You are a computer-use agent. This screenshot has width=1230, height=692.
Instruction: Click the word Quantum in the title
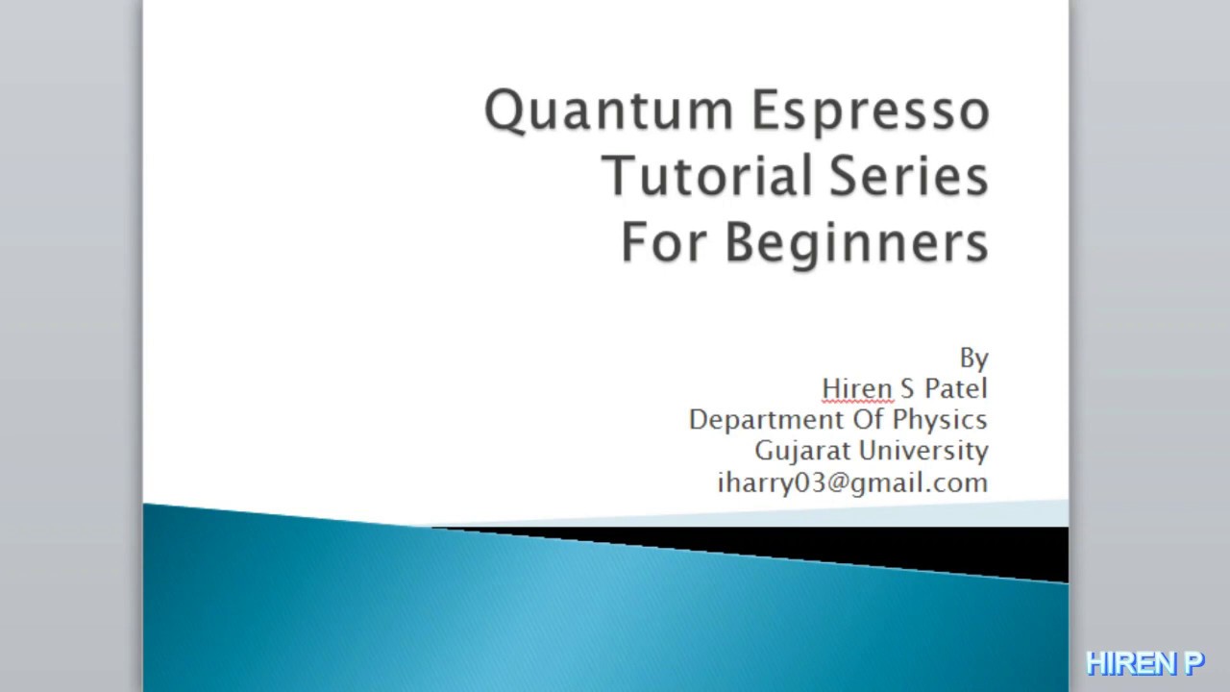point(610,111)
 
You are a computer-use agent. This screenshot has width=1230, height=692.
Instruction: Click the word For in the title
point(665,241)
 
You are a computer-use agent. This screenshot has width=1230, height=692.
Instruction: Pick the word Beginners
point(856,243)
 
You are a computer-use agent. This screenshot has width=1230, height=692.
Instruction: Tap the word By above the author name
point(973,358)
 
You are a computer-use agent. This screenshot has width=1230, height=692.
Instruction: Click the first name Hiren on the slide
point(857,388)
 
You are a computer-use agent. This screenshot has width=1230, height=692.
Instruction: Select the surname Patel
point(955,388)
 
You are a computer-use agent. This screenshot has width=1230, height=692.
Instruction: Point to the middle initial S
point(906,388)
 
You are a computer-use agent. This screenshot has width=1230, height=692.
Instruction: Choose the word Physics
point(940,421)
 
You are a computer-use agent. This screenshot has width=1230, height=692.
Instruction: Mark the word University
point(923,451)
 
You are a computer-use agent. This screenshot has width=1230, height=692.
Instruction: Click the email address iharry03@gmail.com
point(852,482)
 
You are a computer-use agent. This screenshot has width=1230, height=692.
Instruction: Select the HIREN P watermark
point(1144,663)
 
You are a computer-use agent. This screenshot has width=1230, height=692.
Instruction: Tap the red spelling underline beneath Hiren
point(857,401)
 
